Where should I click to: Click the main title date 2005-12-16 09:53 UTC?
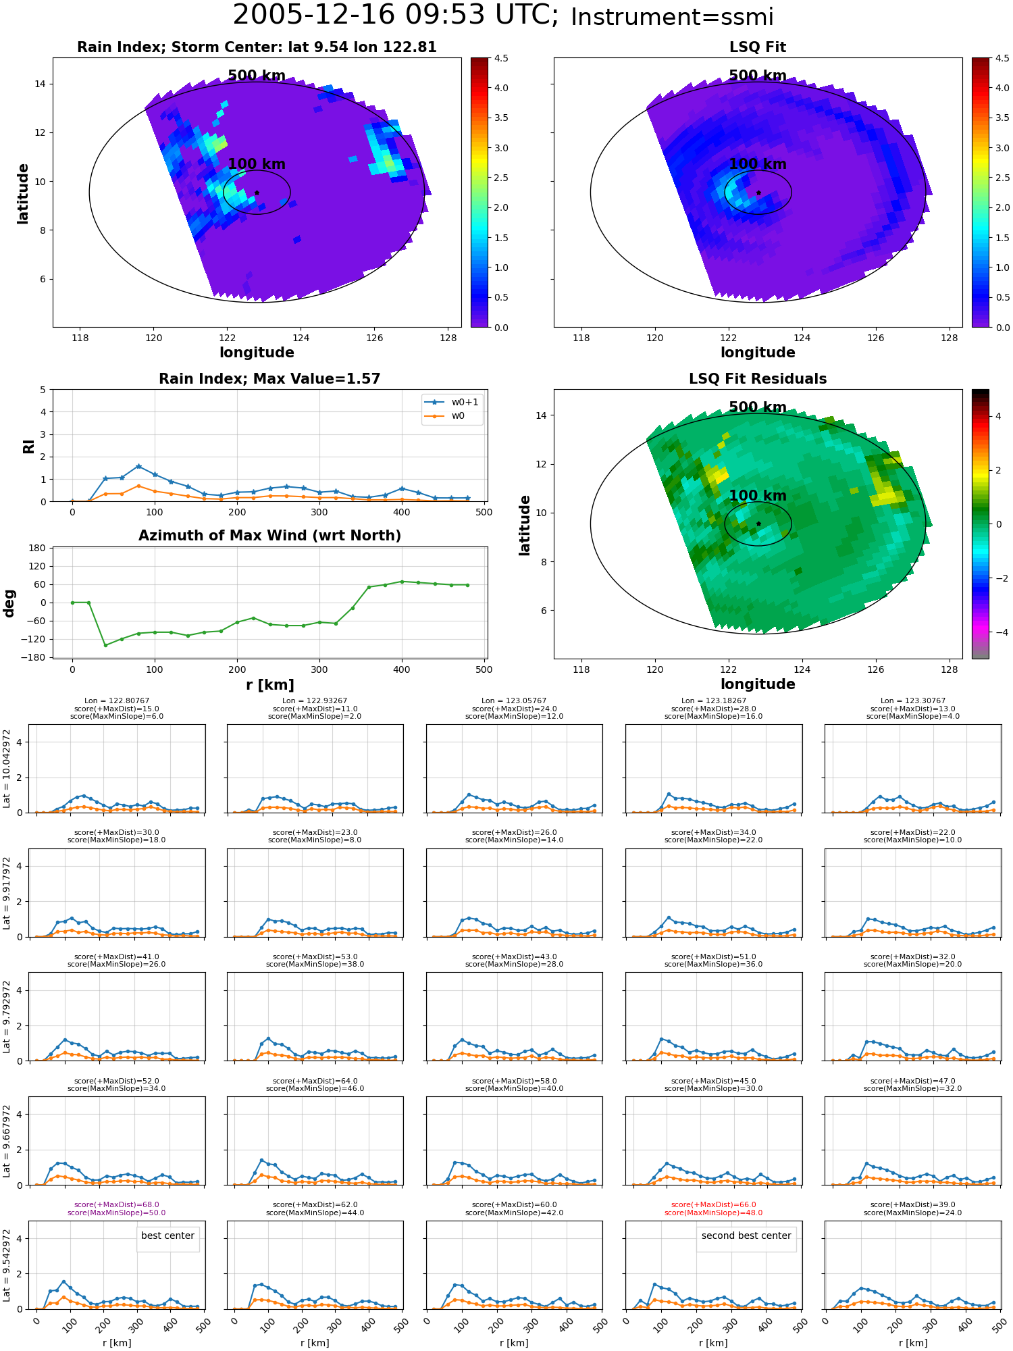[x=395, y=15]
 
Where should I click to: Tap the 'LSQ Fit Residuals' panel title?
[x=758, y=379]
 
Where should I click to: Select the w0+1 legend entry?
[x=452, y=403]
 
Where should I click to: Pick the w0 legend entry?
[x=445, y=416]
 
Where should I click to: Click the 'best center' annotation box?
[x=167, y=1235]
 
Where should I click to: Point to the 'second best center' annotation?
[x=746, y=1235]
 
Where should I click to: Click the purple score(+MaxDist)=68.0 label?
[x=116, y=1204]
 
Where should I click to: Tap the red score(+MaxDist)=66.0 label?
[x=713, y=1204]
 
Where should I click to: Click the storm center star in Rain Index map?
[x=257, y=193]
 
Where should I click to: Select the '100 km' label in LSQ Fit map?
[x=758, y=164]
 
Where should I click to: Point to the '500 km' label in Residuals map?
[x=758, y=407]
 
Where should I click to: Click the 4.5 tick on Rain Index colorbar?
[x=500, y=58]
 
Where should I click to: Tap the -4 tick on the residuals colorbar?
[x=998, y=632]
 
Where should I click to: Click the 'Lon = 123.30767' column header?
[x=913, y=701]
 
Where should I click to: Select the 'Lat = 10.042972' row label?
[x=7, y=769]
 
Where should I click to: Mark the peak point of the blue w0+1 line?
[x=138, y=466]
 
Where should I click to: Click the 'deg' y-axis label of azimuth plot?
[x=9, y=603]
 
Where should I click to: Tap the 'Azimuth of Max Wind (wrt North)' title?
[x=270, y=536]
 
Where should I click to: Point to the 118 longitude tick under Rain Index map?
[x=80, y=338]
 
